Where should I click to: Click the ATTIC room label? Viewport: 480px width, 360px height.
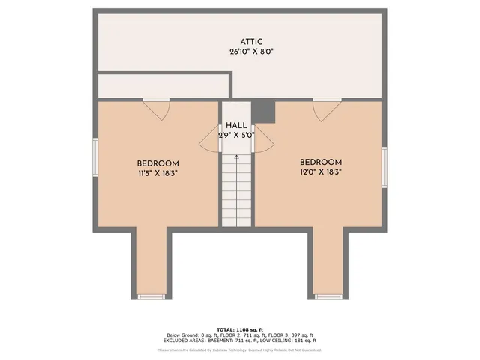tap(252, 42)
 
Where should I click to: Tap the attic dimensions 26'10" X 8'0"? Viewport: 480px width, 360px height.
tap(252, 52)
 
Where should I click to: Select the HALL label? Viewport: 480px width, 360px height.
tap(237, 125)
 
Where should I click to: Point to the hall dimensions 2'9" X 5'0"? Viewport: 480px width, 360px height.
tap(237, 136)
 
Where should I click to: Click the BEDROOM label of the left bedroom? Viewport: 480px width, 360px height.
tap(157, 163)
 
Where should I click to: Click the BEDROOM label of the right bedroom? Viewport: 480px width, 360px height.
tap(321, 162)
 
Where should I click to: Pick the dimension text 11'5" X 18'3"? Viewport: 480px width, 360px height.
tap(157, 173)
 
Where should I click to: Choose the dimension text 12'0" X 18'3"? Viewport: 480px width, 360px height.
tap(321, 172)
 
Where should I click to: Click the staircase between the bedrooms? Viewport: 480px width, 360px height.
tap(237, 191)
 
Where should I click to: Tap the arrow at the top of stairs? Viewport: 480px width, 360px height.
tap(237, 158)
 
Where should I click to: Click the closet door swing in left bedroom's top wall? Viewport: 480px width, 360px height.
tap(157, 109)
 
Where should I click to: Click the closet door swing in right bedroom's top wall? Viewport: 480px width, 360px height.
tap(327, 109)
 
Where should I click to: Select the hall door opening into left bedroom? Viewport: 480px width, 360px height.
tap(209, 138)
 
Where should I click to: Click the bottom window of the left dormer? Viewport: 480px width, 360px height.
tap(151, 297)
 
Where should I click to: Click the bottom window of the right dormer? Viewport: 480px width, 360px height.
tap(328, 297)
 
